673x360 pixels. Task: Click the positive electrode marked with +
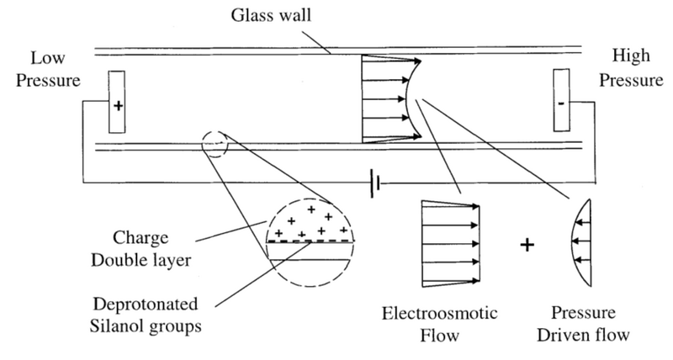pos(118,107)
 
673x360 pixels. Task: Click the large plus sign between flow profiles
pos(527,246)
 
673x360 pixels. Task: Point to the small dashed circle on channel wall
pos(215,144)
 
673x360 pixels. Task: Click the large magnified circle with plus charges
pos(310,239)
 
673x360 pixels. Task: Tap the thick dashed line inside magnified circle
pos(310,241)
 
